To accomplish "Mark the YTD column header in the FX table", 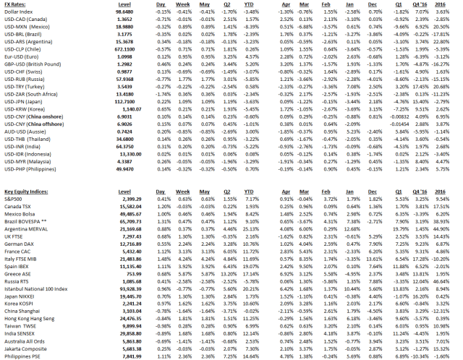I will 252,4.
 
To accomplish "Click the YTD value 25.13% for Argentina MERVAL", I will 251,227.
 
